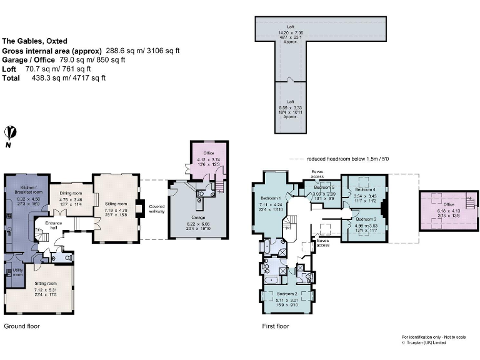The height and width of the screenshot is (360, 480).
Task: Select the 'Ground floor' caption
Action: click(22, 326)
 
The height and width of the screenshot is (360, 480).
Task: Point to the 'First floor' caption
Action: click(276, 326)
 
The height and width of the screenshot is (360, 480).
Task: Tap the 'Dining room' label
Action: click(71, 192)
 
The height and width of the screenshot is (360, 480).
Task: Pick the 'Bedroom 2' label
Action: click(287, 293)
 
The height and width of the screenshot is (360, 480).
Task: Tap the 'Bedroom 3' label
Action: click(366, 219)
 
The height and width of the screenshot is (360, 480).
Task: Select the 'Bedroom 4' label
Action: click(366, 189)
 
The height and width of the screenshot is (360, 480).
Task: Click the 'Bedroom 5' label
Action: click(324, 187)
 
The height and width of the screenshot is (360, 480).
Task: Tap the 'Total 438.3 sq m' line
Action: click(54, 78)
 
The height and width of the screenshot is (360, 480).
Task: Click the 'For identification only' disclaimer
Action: click(434, 337)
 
